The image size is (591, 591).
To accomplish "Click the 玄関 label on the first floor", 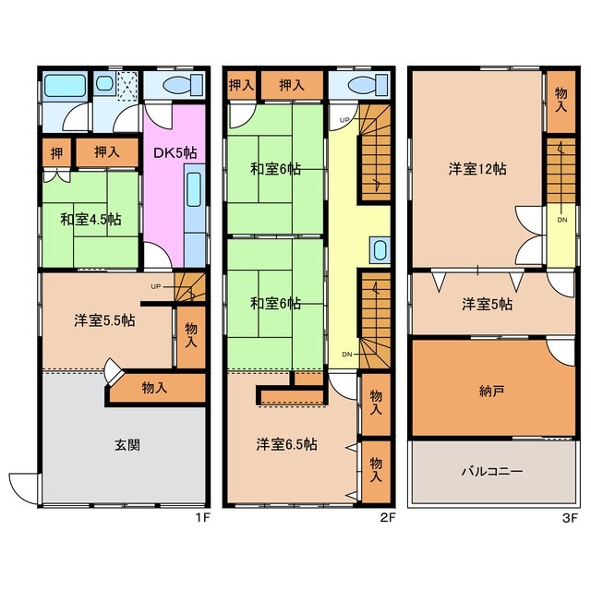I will point(127,444).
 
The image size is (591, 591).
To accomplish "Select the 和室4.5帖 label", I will point(90,219).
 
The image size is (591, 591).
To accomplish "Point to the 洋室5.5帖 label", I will point(105,320).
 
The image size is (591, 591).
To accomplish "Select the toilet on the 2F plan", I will point(363,86).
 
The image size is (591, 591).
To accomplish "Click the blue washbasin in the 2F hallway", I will point(379,250).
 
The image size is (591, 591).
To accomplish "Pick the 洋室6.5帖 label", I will point(287,444).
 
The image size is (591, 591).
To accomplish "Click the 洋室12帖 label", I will point(477,168).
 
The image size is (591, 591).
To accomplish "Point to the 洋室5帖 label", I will point(487,304).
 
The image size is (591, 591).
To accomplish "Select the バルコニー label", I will point(492,471).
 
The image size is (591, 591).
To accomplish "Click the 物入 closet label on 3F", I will point(560,96).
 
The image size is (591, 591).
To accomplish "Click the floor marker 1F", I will point(203,518).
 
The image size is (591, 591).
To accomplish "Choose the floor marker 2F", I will point(388,518).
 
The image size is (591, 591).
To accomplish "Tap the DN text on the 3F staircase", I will point(561,220).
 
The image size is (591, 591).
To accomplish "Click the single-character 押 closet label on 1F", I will point(55,151).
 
